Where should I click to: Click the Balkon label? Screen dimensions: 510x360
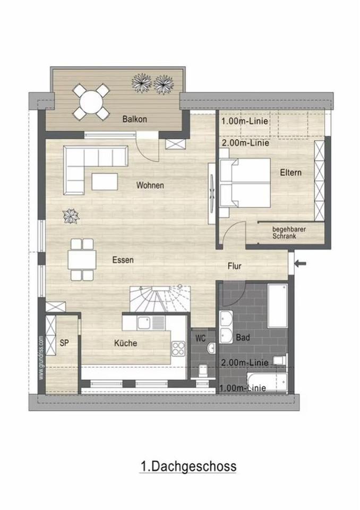[x=134, y=119]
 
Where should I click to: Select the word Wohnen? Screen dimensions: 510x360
[x=150, y=185]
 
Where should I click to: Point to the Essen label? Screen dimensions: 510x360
[x=123, y=260]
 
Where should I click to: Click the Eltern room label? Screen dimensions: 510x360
[x=290, y=173]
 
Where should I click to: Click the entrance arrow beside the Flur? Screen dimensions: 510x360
[x=301, y=262]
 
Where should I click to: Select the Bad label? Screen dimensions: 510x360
[x=244, y=337]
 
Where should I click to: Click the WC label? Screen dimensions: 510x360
[x=201, y=337]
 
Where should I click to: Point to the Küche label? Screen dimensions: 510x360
[x=125, y=343]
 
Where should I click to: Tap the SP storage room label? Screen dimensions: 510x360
[x=64, y=343]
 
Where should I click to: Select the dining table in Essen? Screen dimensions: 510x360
[x=82, y=260]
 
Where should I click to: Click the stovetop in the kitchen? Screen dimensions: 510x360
[x=178, y=348]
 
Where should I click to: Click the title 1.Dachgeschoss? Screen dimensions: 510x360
[x=188, y=466]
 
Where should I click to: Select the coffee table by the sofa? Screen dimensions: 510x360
[x=105, y=181]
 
